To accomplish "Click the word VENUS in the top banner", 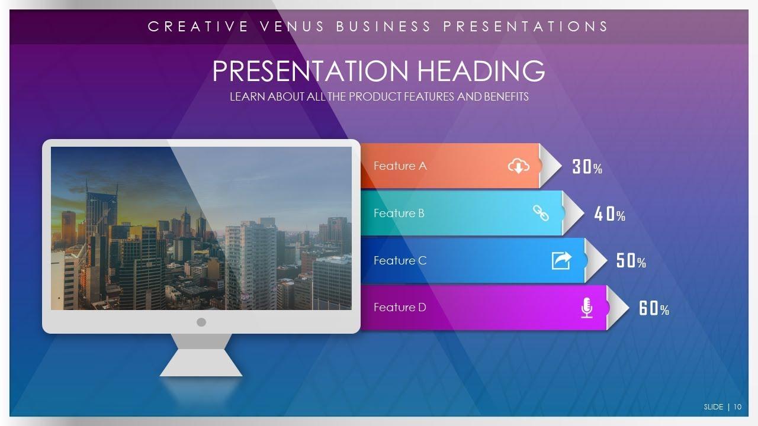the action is tap(292, 27).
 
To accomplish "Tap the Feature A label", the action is tap(400, 166).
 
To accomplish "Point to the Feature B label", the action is tap(399, 213).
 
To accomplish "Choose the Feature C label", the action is tap(400, 260).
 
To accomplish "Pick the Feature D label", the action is tap(400, 307).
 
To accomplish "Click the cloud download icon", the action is tap(518, 166).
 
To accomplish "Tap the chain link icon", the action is tap(541, 213).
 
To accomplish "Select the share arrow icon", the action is tap(562, 260).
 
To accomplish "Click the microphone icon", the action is tap(587, 308).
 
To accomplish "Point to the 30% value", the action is tap(587, 167).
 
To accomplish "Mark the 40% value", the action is tap(610, 214).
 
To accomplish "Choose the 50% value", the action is tap(631, 261).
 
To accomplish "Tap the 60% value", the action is tap(654, 308).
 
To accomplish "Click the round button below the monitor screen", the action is tap(201, 322).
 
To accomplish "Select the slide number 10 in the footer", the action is tap(738, 406).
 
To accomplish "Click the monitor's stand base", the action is tap(201, 363).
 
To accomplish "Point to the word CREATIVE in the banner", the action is tap(198, 27).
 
